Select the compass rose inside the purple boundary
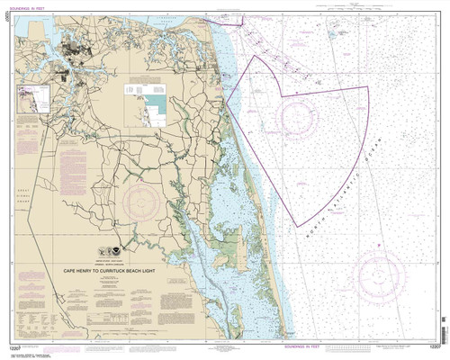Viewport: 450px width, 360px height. click(293, 117)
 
